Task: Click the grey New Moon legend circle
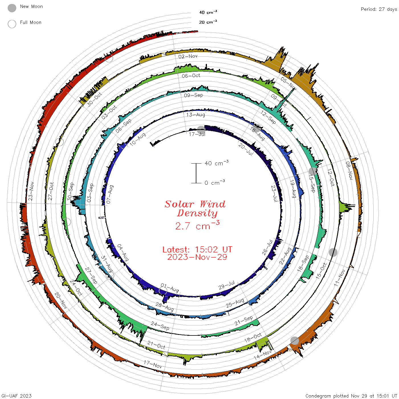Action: pos(12,8)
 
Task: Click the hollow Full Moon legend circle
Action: pos(12,24)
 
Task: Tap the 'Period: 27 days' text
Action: pos(379,9)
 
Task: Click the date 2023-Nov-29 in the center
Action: pos(197,257)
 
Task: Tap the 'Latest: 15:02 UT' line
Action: pos(197,249)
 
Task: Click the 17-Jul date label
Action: pos(197,134)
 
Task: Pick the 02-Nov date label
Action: pos(188,56)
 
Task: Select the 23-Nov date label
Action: pos(31,191)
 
